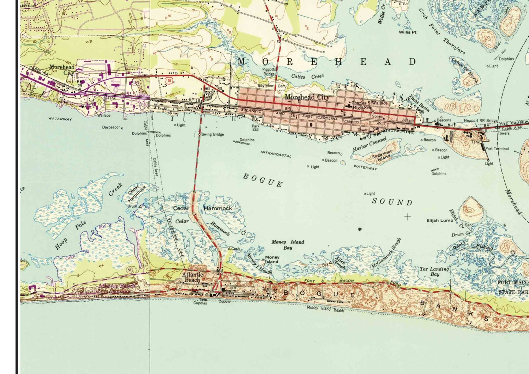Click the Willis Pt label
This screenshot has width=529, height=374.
[x=407, y=32]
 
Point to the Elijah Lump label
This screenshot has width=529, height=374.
[x=440, y=220]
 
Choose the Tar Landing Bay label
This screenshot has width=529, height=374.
[x=434, y=271]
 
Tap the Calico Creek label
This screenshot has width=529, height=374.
[x=307, y=76]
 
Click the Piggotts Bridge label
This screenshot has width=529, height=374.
[x=269, y=72]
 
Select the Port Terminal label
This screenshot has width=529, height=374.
[x=497, y=149]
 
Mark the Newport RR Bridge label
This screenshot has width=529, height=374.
[x=480, y=121]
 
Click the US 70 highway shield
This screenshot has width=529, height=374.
[x=170, y=81]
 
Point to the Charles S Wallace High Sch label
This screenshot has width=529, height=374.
[x=369, y=105]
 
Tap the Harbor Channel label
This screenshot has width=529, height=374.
[x=369, y=144]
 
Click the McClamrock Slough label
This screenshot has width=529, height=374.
[x=386, y=253]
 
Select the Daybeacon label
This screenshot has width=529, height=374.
[x=111, y=127]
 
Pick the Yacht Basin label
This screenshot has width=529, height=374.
[x=419, y=103]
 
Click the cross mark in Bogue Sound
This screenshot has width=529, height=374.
[x=407, y=217]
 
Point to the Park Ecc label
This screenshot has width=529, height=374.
[x=256, y=128]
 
